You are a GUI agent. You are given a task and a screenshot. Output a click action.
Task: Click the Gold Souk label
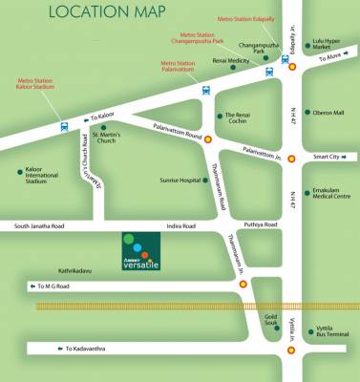(x=271, y=319)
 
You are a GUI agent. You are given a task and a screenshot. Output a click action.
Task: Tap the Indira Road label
(x=180, y=226)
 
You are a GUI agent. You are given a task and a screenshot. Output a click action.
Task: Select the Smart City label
(x=328, y=157)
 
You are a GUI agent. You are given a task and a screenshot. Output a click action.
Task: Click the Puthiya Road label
(x=259, y=224)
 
